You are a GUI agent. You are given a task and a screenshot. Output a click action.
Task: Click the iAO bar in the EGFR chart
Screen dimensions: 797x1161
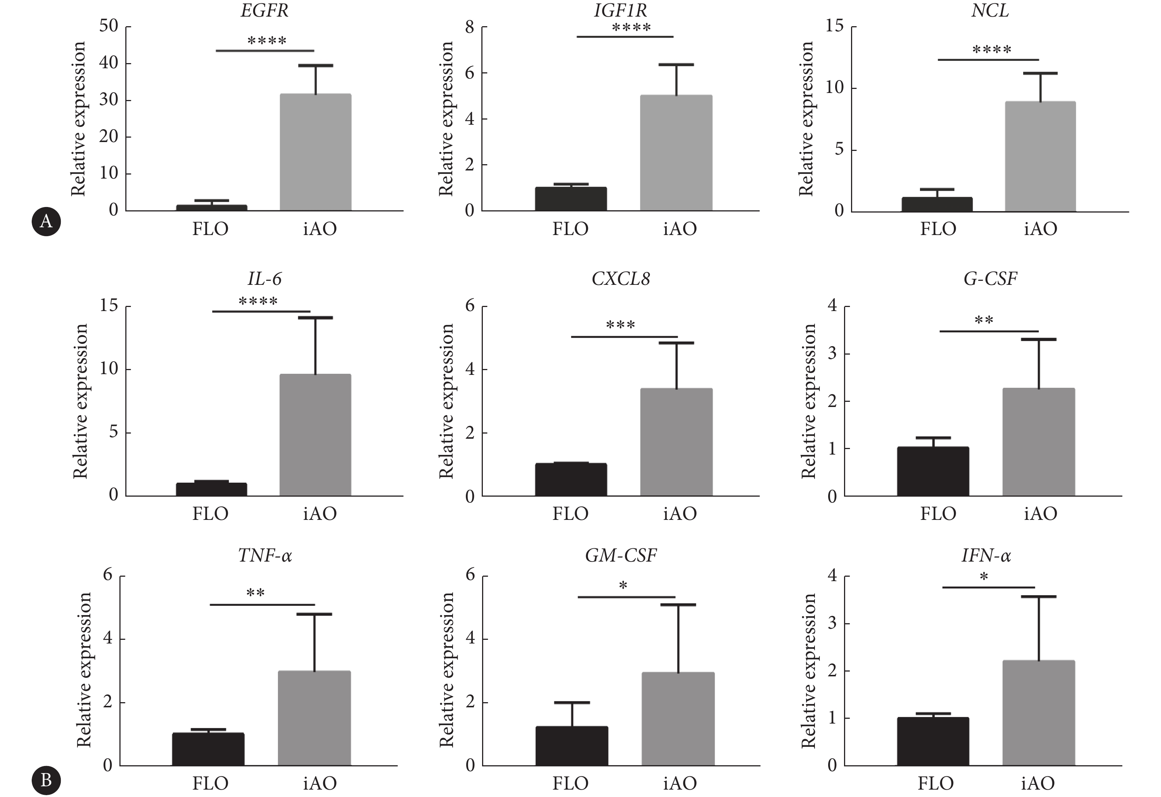click(x=315, y=152)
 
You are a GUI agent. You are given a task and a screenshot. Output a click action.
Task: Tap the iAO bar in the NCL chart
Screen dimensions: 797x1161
click(x=1040, y=156)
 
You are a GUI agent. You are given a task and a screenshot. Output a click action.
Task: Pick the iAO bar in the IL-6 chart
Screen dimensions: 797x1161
click(x=315, y=435)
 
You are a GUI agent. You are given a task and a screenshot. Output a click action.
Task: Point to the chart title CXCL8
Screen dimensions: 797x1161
click(x=621, y=279)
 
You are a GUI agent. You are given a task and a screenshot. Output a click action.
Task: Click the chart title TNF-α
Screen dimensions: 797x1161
click(x=265, y=555)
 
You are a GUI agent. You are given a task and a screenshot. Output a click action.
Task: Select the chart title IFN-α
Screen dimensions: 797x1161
click(x=986, y=555)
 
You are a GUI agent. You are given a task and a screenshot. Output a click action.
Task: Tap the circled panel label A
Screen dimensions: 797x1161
click(x=46, y=221)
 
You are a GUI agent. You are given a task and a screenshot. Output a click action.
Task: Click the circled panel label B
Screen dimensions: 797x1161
click(x=46, y=780)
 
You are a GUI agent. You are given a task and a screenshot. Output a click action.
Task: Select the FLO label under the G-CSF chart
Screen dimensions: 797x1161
click(x=938, y=514)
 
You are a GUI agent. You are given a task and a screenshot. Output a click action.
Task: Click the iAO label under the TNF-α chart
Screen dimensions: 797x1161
click(x=320, y=783)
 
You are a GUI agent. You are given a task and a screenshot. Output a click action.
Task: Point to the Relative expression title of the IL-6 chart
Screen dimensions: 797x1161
click(x=80, y=401)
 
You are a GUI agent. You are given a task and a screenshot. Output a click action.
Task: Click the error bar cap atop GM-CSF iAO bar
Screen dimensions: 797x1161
click(x=678, y=605)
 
